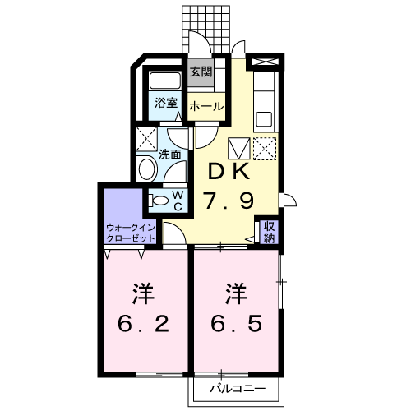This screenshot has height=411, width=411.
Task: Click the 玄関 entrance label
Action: click(201, 72)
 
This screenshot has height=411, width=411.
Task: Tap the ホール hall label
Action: click(206, 106)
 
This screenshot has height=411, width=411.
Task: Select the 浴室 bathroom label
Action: click(166, 103)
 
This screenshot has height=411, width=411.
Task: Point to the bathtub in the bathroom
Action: click(164, 81)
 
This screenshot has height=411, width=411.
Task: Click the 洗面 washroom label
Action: click(170, 155)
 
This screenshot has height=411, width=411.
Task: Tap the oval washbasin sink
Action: click(147, 169)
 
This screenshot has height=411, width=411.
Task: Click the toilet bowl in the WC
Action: click(160, 201)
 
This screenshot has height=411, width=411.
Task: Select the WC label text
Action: click(178, 201)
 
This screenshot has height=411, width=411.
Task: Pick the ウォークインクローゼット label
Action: click(131, 233)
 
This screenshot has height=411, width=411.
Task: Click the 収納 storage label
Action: click(269, 232)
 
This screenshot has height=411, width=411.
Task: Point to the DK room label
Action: click(229, 171)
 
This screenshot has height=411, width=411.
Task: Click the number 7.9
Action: click(229, 201)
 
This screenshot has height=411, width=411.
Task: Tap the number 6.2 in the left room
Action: click(143, 324)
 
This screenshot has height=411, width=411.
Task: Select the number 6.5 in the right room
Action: click(236, 323)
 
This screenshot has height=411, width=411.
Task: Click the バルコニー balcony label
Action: click(238, 389)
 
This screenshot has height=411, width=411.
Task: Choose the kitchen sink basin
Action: click(264, 119)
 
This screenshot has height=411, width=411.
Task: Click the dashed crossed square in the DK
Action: click(265, 149)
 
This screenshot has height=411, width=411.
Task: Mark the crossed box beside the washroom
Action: click(147, 139)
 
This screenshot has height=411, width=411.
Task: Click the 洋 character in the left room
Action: click(143, 294)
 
